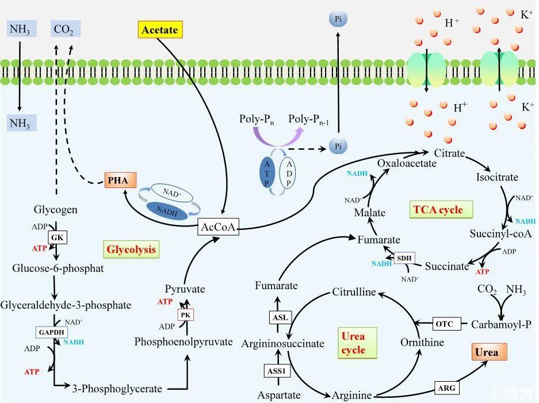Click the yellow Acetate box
click(x=159, y=29)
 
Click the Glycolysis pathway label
click(x=131, y=249)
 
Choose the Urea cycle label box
click(x=353, y=343)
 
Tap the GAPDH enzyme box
click(x=51, y=332)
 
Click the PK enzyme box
click(x=185, y=314)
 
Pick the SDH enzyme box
click(x=404, y=258)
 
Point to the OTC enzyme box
click(x=444, y=324)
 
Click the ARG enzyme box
click(x=446, y=388)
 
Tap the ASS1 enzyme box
click(x=277, y=371)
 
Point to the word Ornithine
click(x=423, y=343)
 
